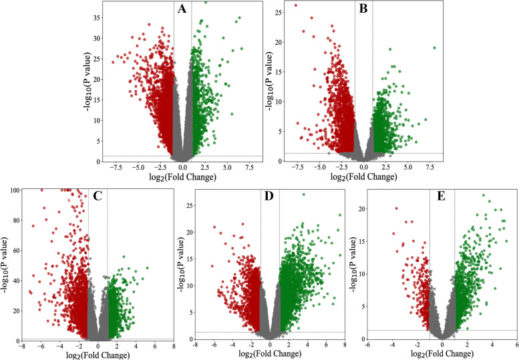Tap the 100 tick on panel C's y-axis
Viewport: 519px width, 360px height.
pos(12,190)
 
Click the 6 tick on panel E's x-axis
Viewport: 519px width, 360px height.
pos(517,345)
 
